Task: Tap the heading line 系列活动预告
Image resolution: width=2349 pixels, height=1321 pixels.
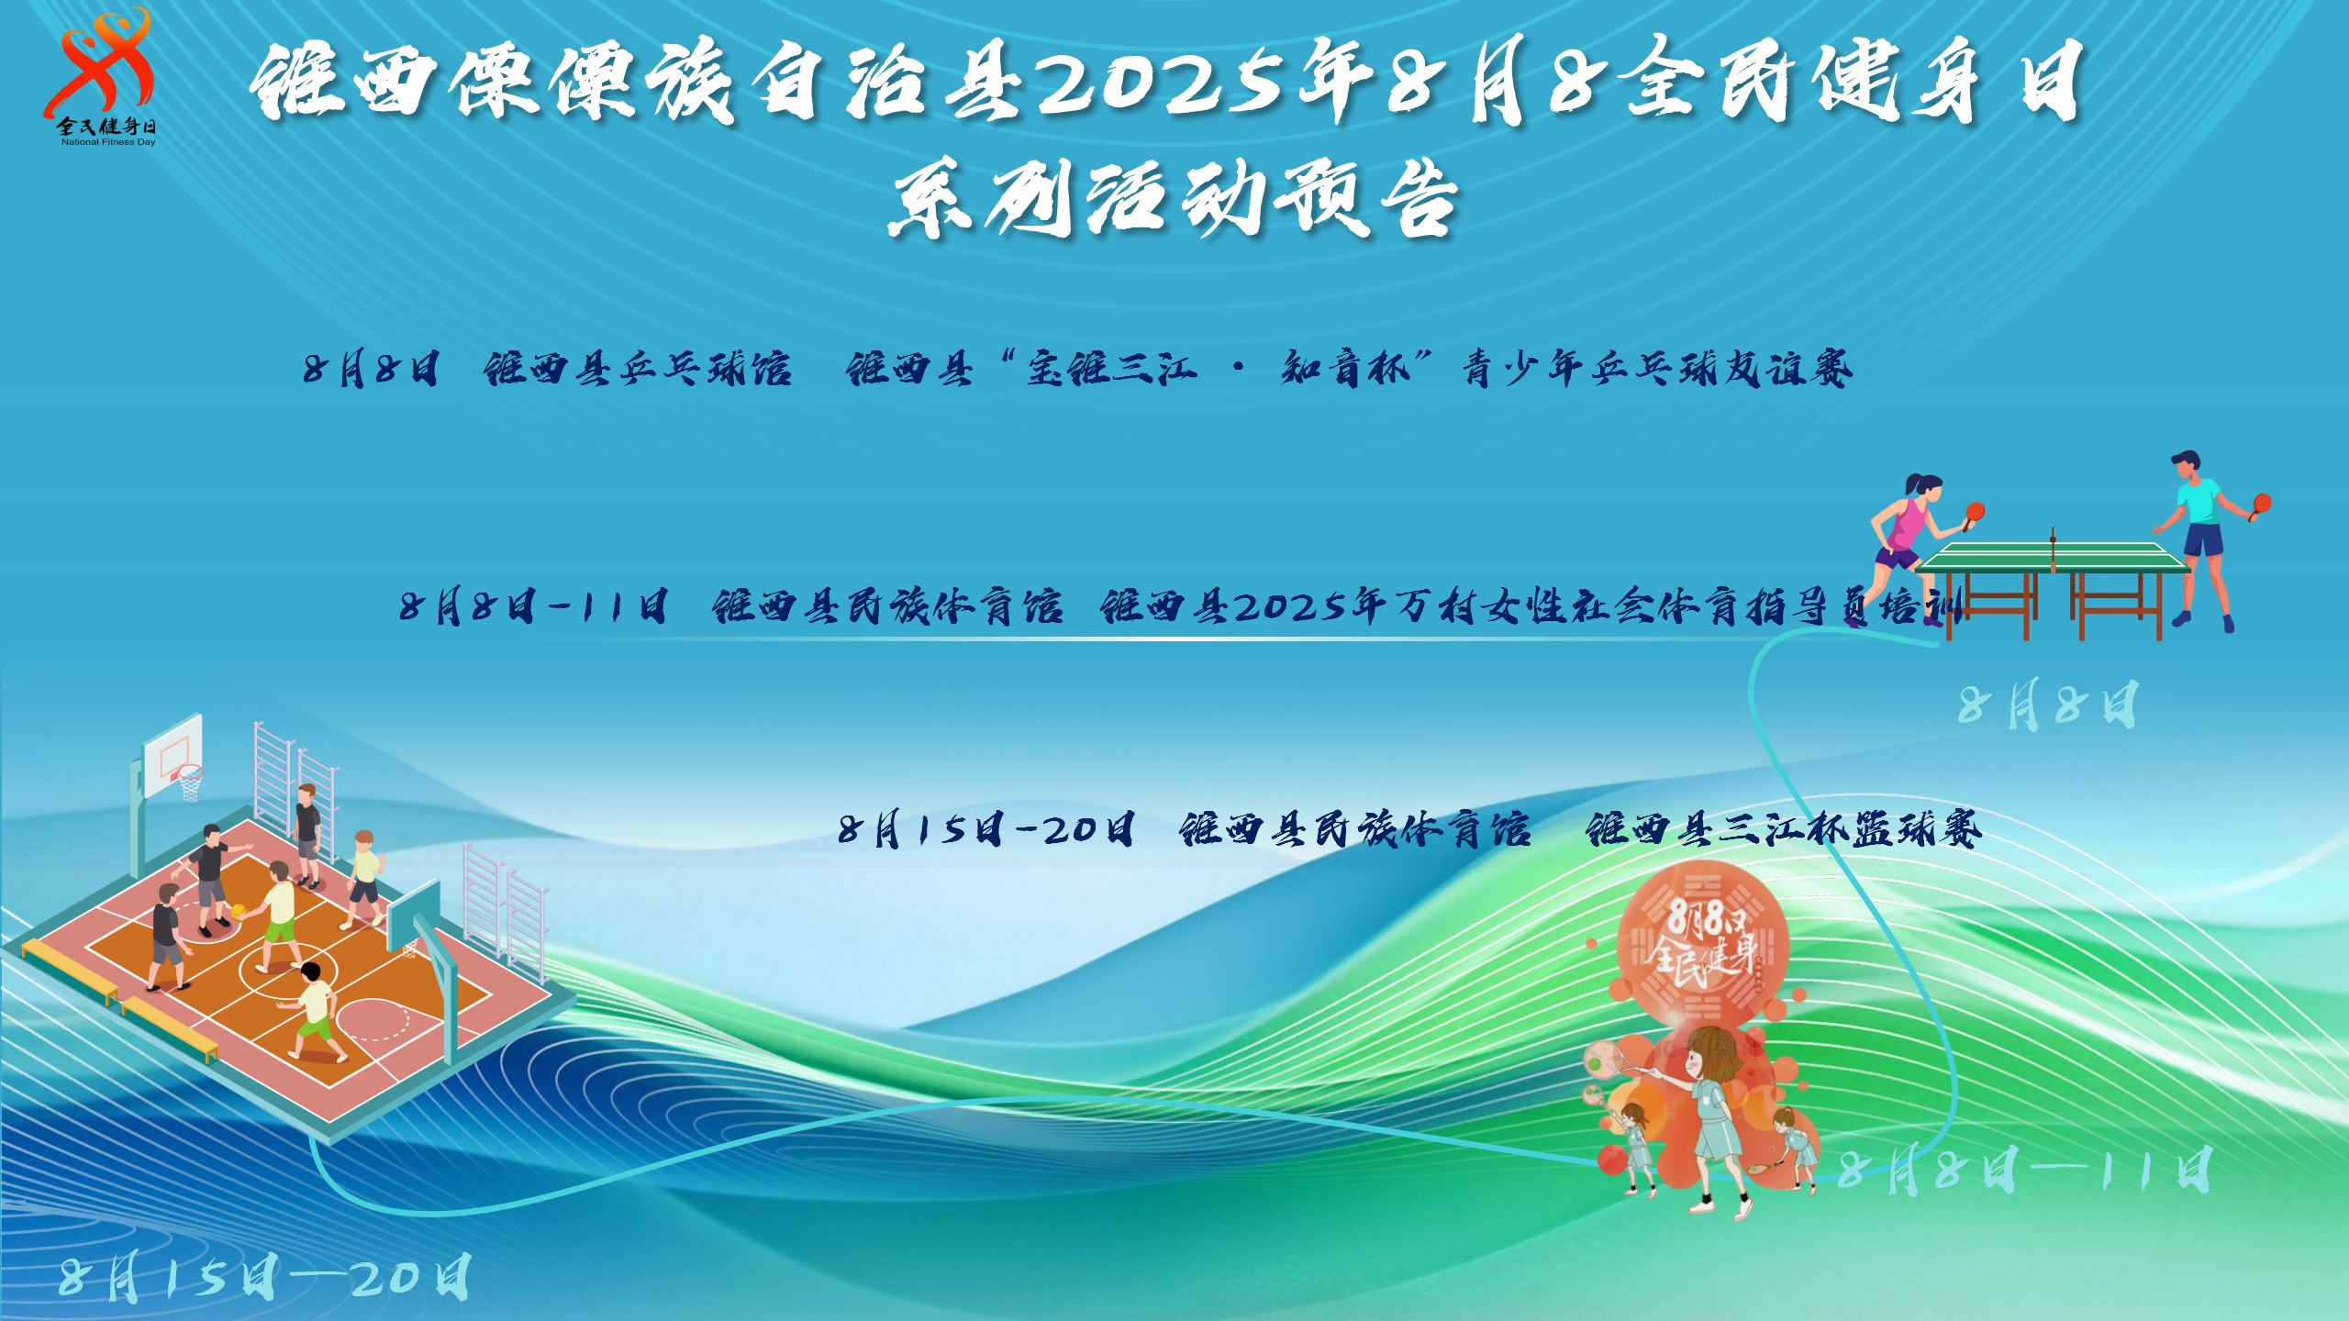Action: pos(1173,198)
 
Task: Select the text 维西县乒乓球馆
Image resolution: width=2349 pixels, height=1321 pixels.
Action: pos(637,369)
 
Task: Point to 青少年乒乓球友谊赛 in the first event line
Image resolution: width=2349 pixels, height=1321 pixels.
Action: pos(1657,369)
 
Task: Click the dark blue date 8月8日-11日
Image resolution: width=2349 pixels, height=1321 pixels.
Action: pos(533,606)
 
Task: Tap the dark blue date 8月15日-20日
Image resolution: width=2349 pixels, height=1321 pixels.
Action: pos(986,829)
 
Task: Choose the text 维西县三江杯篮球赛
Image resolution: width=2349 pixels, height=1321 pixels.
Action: pos(1784,829)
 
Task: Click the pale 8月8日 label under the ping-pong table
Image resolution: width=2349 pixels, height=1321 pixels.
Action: pos(2047,705)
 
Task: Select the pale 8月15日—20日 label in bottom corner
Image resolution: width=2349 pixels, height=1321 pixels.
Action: pos(265,1277)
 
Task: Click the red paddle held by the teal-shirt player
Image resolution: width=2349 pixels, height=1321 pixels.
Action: pos(2262,503)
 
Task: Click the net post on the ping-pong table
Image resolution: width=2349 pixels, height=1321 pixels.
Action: pos(2054,548)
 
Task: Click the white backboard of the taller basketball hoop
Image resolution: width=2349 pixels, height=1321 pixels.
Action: pos(173,754)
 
